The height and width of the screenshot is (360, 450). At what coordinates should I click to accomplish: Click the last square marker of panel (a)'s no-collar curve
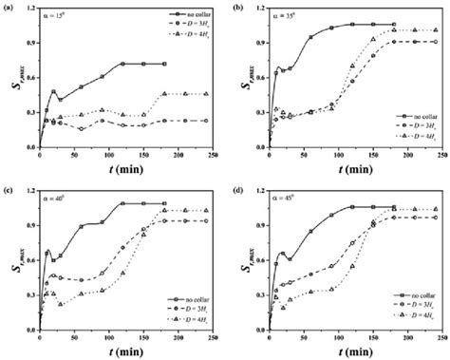[x=165, y=64]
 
